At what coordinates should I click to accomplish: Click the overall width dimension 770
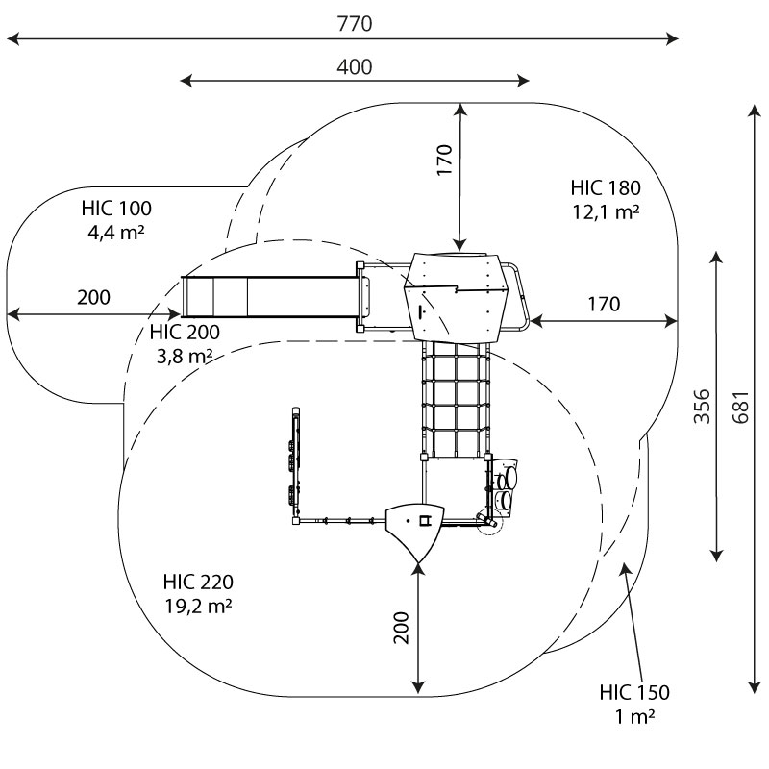(x=354, y=24)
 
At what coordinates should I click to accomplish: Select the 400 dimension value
(x=354, y=66)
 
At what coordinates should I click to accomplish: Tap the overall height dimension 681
(x=738, y=406)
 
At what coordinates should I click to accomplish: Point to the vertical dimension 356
(x=701, y=406)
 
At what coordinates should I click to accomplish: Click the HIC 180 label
(x=605, y=187)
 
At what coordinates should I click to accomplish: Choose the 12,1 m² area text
(x=605, y=211)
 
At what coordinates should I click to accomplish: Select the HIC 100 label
(x=116, y=208)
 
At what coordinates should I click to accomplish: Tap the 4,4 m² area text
(x=116, y=232)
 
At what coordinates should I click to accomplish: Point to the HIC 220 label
(x=198, y=583)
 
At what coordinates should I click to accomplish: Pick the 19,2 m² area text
(x=198, y=607)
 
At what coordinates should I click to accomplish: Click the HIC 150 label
(x=634, y=692)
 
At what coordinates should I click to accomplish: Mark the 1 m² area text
(x=634, y=716)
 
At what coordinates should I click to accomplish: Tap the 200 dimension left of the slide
(x=93, y=297)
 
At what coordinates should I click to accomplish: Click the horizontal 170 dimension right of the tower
(x=603, y=305)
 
